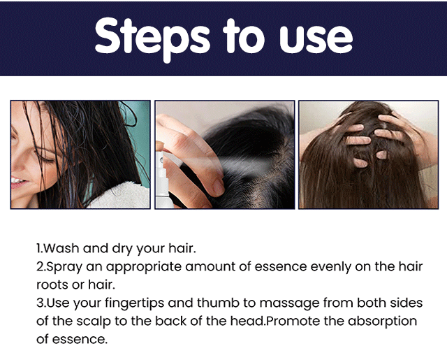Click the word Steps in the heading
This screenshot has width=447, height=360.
(152, 39)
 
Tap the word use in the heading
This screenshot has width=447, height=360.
(316, 39)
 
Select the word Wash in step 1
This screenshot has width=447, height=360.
(61, 248)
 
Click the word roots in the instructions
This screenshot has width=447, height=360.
(52, 285)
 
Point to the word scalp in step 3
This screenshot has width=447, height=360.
(94, 322)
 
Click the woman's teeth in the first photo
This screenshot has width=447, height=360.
(16, 180)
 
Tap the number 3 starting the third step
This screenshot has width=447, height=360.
(39, 303)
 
